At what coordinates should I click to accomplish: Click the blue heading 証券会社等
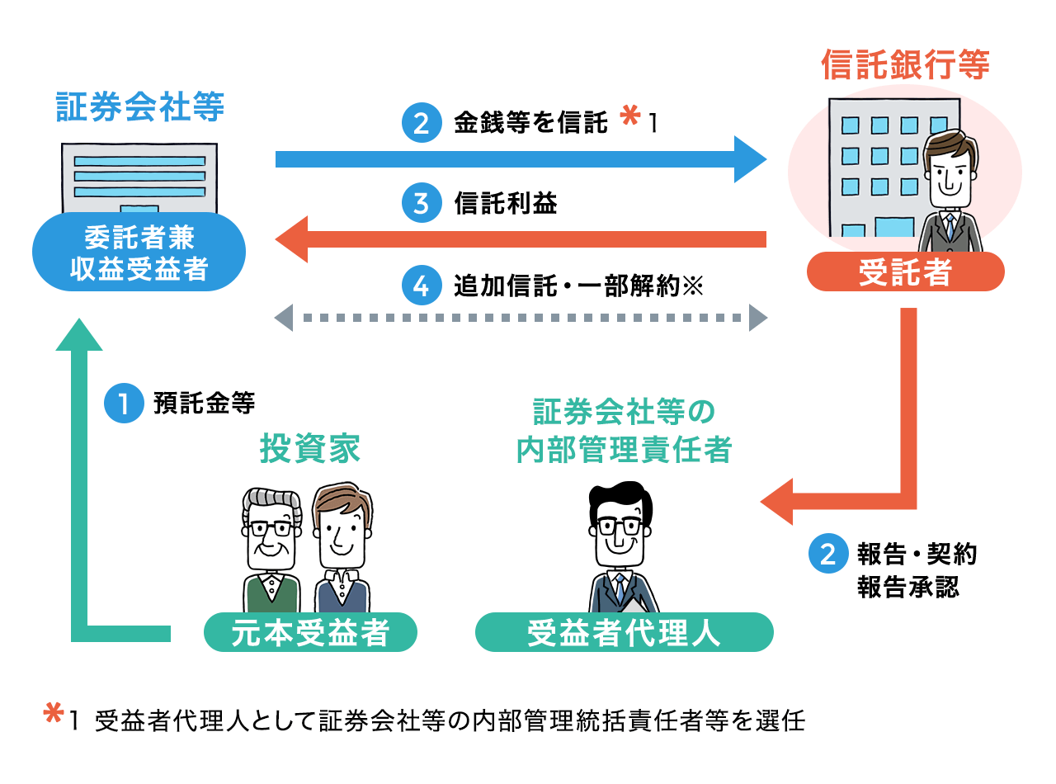coord(140,108)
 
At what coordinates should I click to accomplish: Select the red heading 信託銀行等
coord(905,66)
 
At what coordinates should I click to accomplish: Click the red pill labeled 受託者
coord(905,272)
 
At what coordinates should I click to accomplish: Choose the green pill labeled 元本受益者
coord(309,633)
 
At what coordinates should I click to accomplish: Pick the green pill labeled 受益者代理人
coord(624,633)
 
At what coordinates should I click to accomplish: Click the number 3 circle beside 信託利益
coord(421,203)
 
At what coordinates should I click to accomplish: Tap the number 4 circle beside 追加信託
coord(421,286)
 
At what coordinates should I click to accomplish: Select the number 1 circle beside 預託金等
coord(124,404)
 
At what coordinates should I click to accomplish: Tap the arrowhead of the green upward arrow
coord(79,334)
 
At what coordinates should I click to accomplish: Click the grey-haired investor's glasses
coord(271,528)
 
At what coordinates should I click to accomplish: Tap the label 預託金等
coord(204,404)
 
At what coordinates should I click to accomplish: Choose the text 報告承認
coord(907,587)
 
